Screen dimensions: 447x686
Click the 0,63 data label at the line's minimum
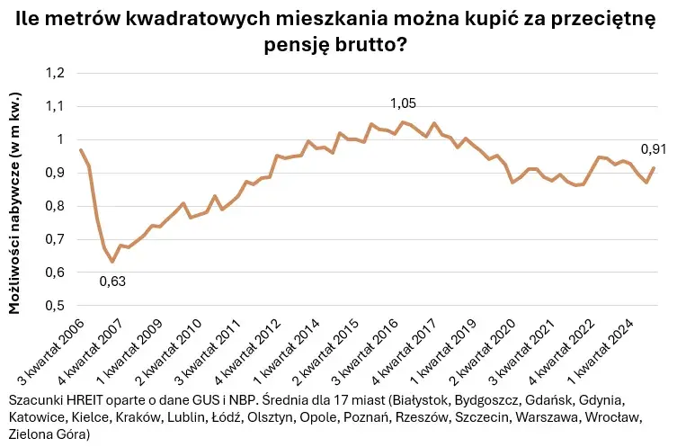[x=112, y=281]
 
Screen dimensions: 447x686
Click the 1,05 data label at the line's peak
[x=404, y=104]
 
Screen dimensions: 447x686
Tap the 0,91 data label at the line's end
[x=653, y=149]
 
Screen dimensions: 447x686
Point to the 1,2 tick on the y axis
[x=55, y=73]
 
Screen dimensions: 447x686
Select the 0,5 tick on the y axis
[x=55, y=306]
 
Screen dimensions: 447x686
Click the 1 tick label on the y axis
[x=61, y=139]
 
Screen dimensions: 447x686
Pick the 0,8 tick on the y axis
[x=55, y=206]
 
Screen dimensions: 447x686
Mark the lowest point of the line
[x=112, y=262]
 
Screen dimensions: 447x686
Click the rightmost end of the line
[x=653, y=168]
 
